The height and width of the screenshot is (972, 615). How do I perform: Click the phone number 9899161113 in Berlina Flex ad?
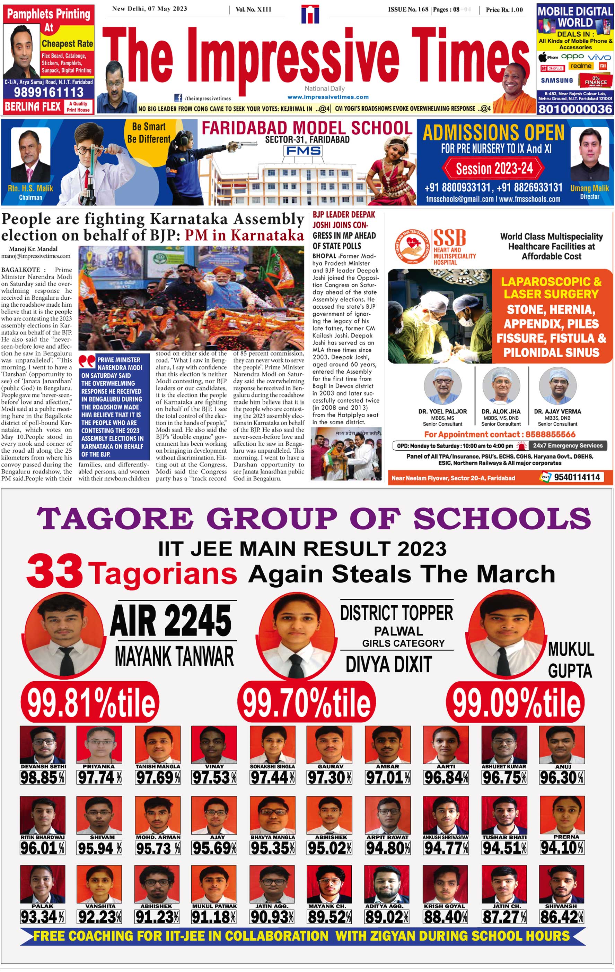pyautogui.click(x=49, y=92)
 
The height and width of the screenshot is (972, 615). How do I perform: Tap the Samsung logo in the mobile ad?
pyautogui.click(x=556, y=80)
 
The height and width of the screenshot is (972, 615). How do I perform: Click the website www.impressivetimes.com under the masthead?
pyautogui.click(x=328, y=97)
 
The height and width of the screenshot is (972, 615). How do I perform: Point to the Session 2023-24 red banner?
pyautogui.click(x=494, y=168)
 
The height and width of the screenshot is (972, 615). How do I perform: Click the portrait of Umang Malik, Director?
pyautogui.click(x=589, y=155)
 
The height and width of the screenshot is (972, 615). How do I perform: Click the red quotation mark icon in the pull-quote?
pyautogui.click(x=87, y=360)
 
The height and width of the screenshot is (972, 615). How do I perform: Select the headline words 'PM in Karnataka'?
pyautogui.click(x=244, y=235)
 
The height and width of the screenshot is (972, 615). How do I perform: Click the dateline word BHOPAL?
pyautogui.click(x=324, y=256)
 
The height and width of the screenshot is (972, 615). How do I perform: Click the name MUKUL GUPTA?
pyautogui.click(x=570, y=660)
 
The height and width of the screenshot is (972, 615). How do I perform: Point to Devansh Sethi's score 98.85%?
pyautogui.click(x=42, y=777)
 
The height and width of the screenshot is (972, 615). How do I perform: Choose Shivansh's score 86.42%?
pyautogui.click(x=562, y=917)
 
